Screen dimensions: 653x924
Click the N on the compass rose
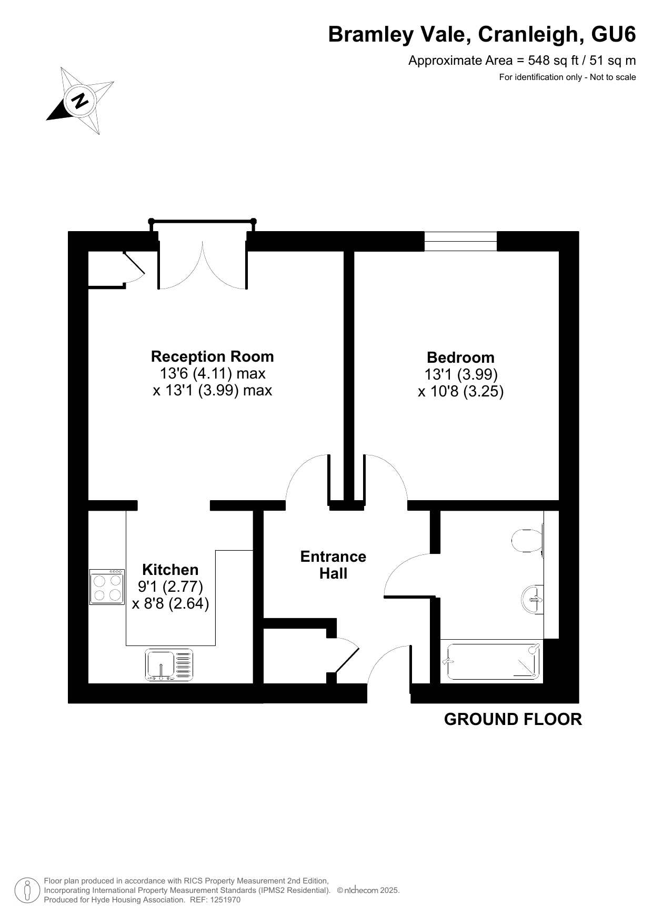point(81,100)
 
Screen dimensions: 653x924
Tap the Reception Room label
point(212,356)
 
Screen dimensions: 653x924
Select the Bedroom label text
point(460,357)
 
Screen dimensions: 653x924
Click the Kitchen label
point(170,570)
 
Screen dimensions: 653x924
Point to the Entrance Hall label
point(333,565)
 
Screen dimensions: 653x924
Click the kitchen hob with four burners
point(107,587)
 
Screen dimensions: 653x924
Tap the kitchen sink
point(169,665)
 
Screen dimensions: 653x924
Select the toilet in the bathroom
point(528,540)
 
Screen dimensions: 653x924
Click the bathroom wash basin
point(533,599)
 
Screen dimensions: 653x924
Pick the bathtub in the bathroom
point(491,662)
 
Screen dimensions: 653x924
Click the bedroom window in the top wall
point(460,241)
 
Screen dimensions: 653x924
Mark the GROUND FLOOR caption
point(513,719)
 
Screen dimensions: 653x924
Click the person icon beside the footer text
point(27,890)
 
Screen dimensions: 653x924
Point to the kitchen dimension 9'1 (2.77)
point(170,586)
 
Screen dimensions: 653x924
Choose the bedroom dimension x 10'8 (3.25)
point(461,391)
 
